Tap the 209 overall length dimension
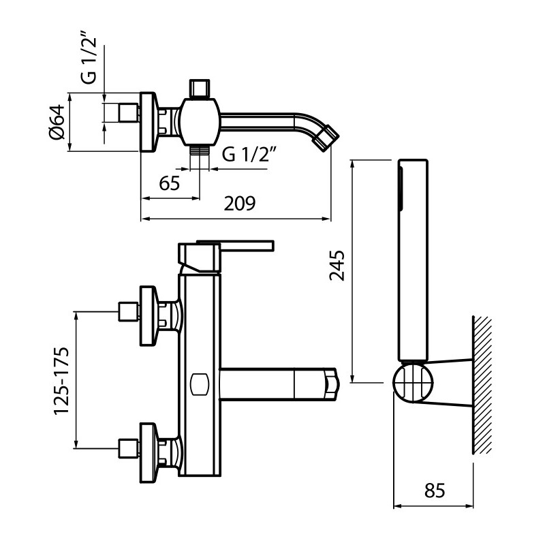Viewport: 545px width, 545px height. [x=240, y=204]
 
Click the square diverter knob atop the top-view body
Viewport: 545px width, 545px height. [x=199, y=89]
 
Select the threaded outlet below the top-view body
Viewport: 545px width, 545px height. [x=199, y=151]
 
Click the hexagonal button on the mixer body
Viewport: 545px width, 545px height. [x=200, y=384]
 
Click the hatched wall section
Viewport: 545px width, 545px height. [x=482, y=385]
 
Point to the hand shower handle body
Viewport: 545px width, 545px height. [x=413, y=259]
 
